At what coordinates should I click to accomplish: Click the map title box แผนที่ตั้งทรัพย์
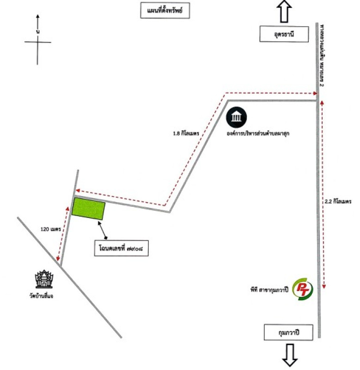click(165, 11)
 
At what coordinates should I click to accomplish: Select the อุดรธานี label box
click(284, 34)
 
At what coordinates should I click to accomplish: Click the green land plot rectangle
click(89, 209)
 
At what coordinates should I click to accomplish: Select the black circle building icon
click(237, 118)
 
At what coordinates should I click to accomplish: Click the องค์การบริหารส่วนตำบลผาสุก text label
click(259, 134)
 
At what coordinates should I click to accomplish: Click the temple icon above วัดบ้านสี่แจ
click(45, 279)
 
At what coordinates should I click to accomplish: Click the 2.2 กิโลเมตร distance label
click(338, 202)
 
